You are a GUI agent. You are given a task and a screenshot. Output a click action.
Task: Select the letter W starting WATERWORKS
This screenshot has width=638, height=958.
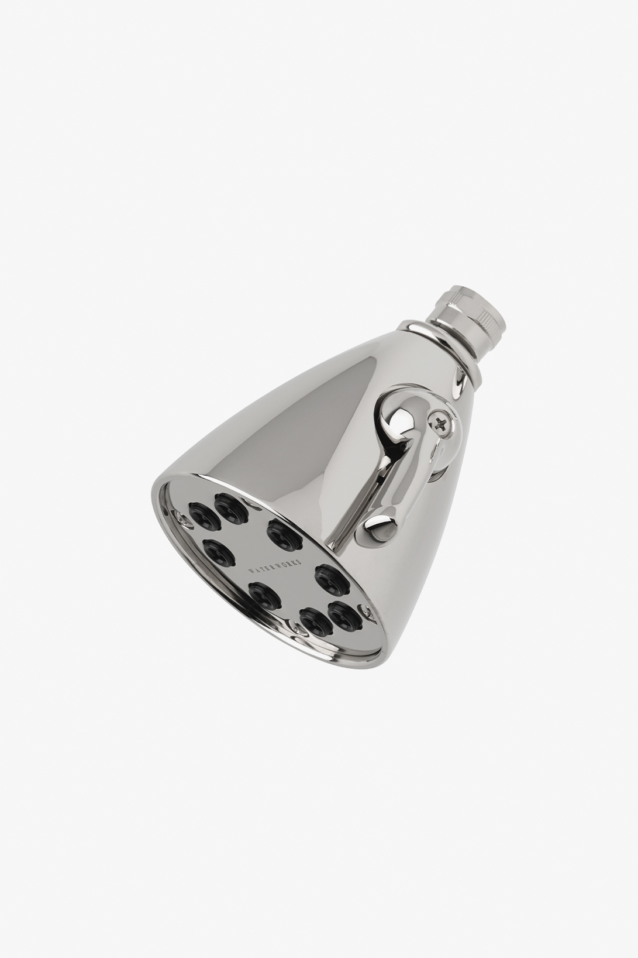[x=250, y=571]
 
